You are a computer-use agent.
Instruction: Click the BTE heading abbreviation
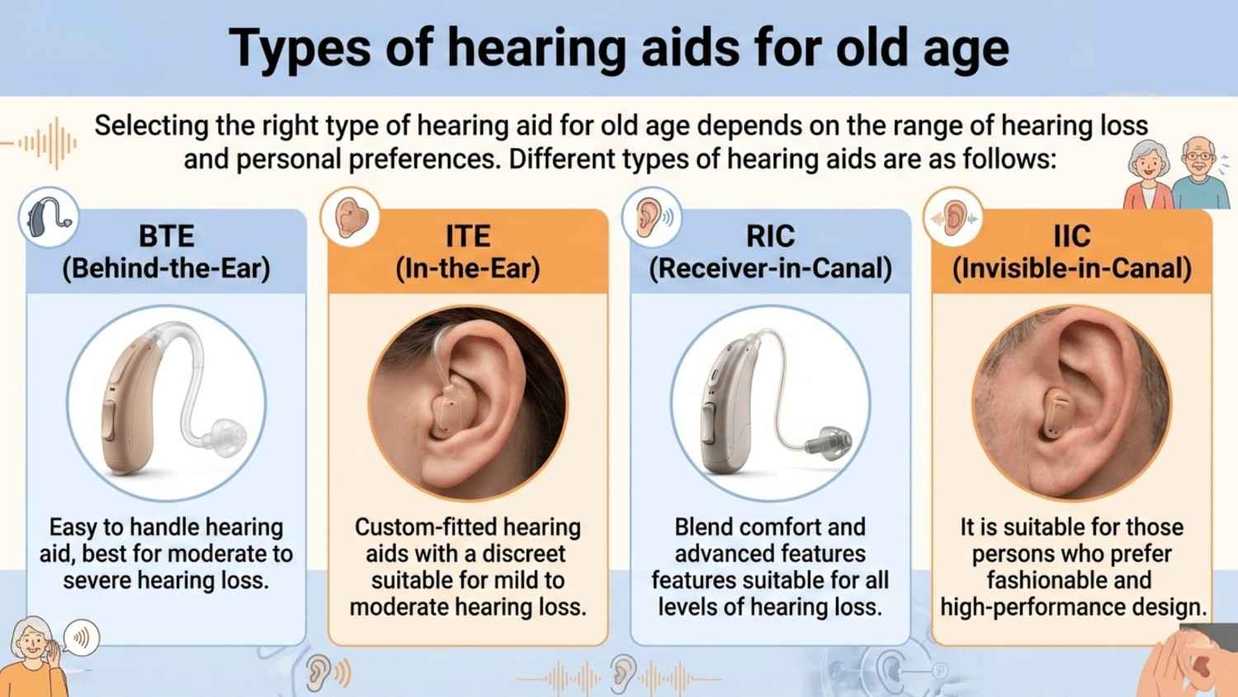[166, 236]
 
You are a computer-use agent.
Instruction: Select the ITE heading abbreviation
[467, 236]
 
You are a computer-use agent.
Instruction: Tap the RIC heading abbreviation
[770, 236]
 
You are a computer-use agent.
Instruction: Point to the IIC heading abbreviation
[1071, 236]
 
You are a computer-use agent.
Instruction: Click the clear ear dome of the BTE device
[225, 434]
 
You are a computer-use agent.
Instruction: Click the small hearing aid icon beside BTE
[48, 216]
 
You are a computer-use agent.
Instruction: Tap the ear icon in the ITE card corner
[351, 217]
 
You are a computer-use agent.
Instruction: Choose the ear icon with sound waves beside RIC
[652, 217]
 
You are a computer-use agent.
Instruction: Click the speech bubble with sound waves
[81, 638]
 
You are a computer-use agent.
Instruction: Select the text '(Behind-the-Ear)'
[166, 268]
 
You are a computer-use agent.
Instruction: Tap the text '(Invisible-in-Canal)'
[1071, 268]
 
